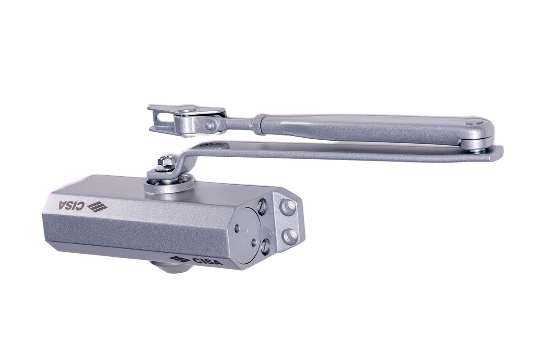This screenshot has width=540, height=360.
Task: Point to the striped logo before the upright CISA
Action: click(180, 259)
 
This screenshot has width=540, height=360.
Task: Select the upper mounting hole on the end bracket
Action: click(289, 207)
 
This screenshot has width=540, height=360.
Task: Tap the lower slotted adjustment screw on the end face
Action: click(266, 246)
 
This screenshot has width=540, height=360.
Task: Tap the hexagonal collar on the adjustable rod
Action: click(259, 124)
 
